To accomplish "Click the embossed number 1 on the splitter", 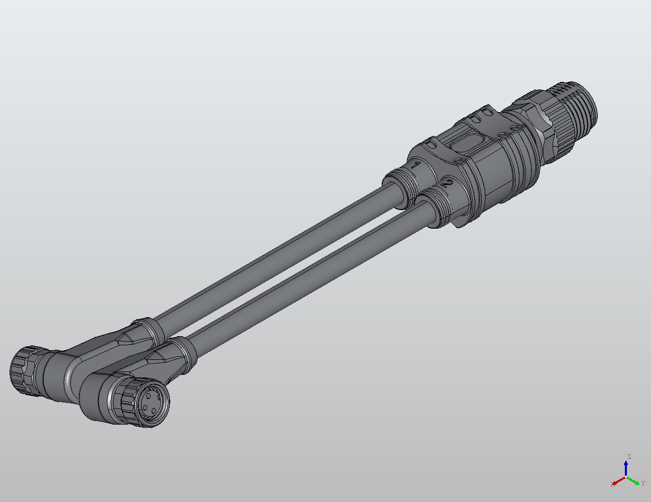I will pos(416,165).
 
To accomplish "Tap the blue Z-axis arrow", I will pos(626,467).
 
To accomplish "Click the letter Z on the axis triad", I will pos(629,457).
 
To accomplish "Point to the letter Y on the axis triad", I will pos(642,483).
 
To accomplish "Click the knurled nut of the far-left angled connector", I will pos(23,369).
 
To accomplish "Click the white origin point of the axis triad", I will pos(626,477).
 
